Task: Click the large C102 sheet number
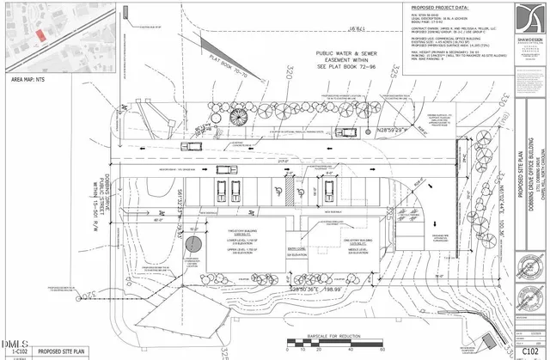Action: [x=532, y=350]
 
